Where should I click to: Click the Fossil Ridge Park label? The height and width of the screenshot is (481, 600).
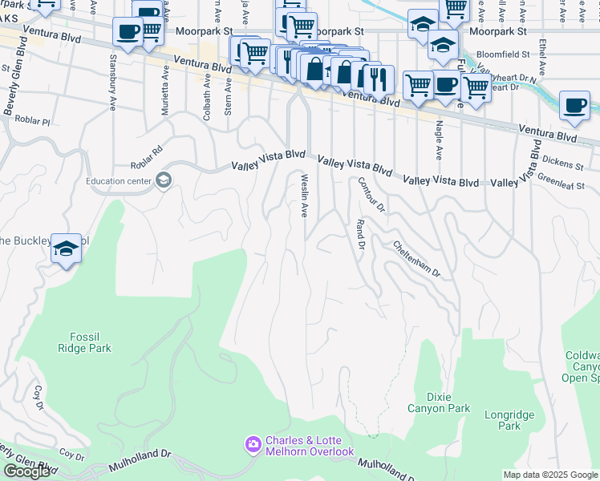point(83,342)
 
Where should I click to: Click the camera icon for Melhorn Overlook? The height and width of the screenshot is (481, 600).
point(253,444)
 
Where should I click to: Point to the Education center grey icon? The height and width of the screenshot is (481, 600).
point(164,180)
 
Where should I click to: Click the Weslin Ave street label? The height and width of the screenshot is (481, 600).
point(304,196)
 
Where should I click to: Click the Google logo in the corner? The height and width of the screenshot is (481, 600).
point(26,471)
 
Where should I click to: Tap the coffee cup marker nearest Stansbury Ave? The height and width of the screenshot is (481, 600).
point(128,33)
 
